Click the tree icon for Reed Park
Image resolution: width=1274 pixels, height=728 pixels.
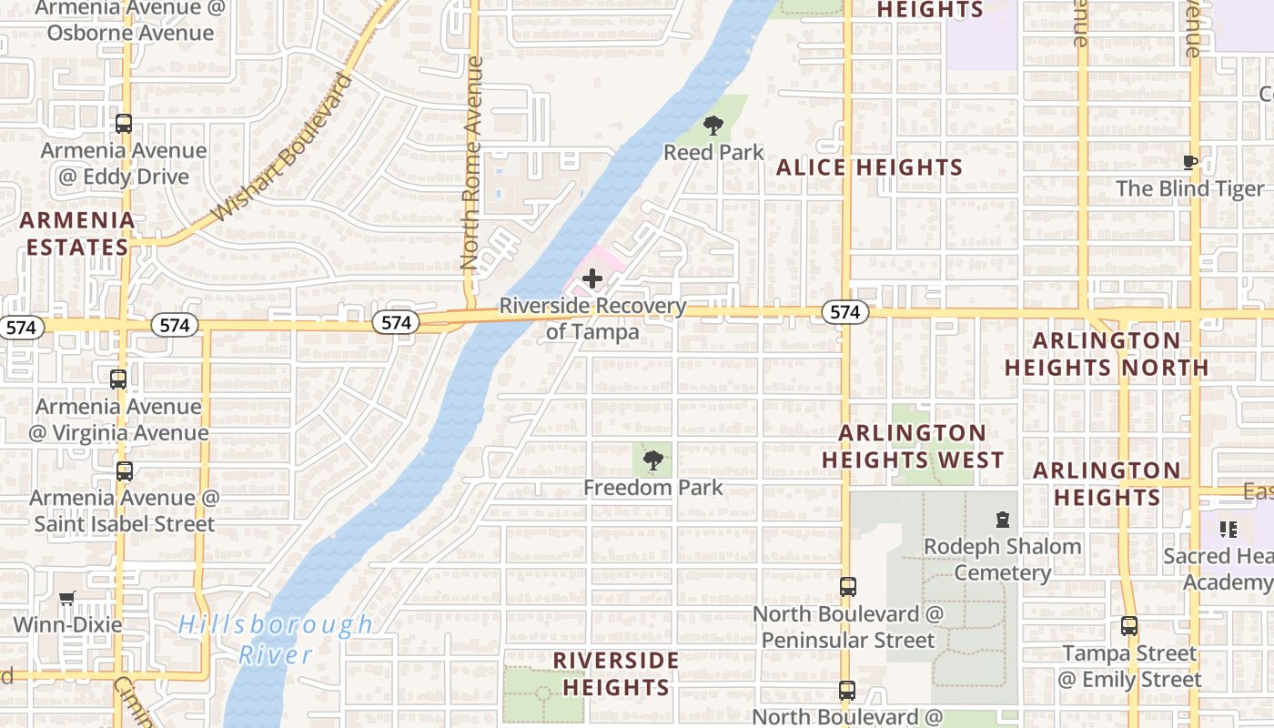[713, 126]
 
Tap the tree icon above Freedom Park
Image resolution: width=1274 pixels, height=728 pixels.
[652, 460]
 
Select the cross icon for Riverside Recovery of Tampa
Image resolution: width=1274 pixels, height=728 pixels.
[592, 278]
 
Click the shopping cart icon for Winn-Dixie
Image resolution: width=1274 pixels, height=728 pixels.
[66, 599]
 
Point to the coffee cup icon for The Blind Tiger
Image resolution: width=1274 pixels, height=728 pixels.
[1189, 163]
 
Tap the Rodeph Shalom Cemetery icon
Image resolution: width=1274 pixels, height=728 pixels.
[1002, 520]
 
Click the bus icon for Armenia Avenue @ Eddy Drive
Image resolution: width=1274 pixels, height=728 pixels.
[124, 124]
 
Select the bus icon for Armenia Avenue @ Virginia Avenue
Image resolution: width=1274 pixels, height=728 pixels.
[118, 379]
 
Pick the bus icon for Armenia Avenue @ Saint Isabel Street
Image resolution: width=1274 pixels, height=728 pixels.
[125, 471]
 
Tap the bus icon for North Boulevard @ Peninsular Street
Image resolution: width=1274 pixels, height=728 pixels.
[848, 587]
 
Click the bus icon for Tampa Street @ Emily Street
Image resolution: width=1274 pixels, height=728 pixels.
[1129, 626]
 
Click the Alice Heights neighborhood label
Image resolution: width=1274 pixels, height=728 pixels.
[869, 167]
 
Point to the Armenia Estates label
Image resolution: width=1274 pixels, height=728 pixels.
[77, 234]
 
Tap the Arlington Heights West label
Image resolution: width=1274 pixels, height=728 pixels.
[913, 446]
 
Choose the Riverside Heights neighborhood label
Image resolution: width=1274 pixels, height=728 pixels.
[616, 673]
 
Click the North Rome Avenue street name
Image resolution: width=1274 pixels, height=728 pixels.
[470, 164]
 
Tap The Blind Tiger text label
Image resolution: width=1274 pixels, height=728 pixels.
[1189, 189]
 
